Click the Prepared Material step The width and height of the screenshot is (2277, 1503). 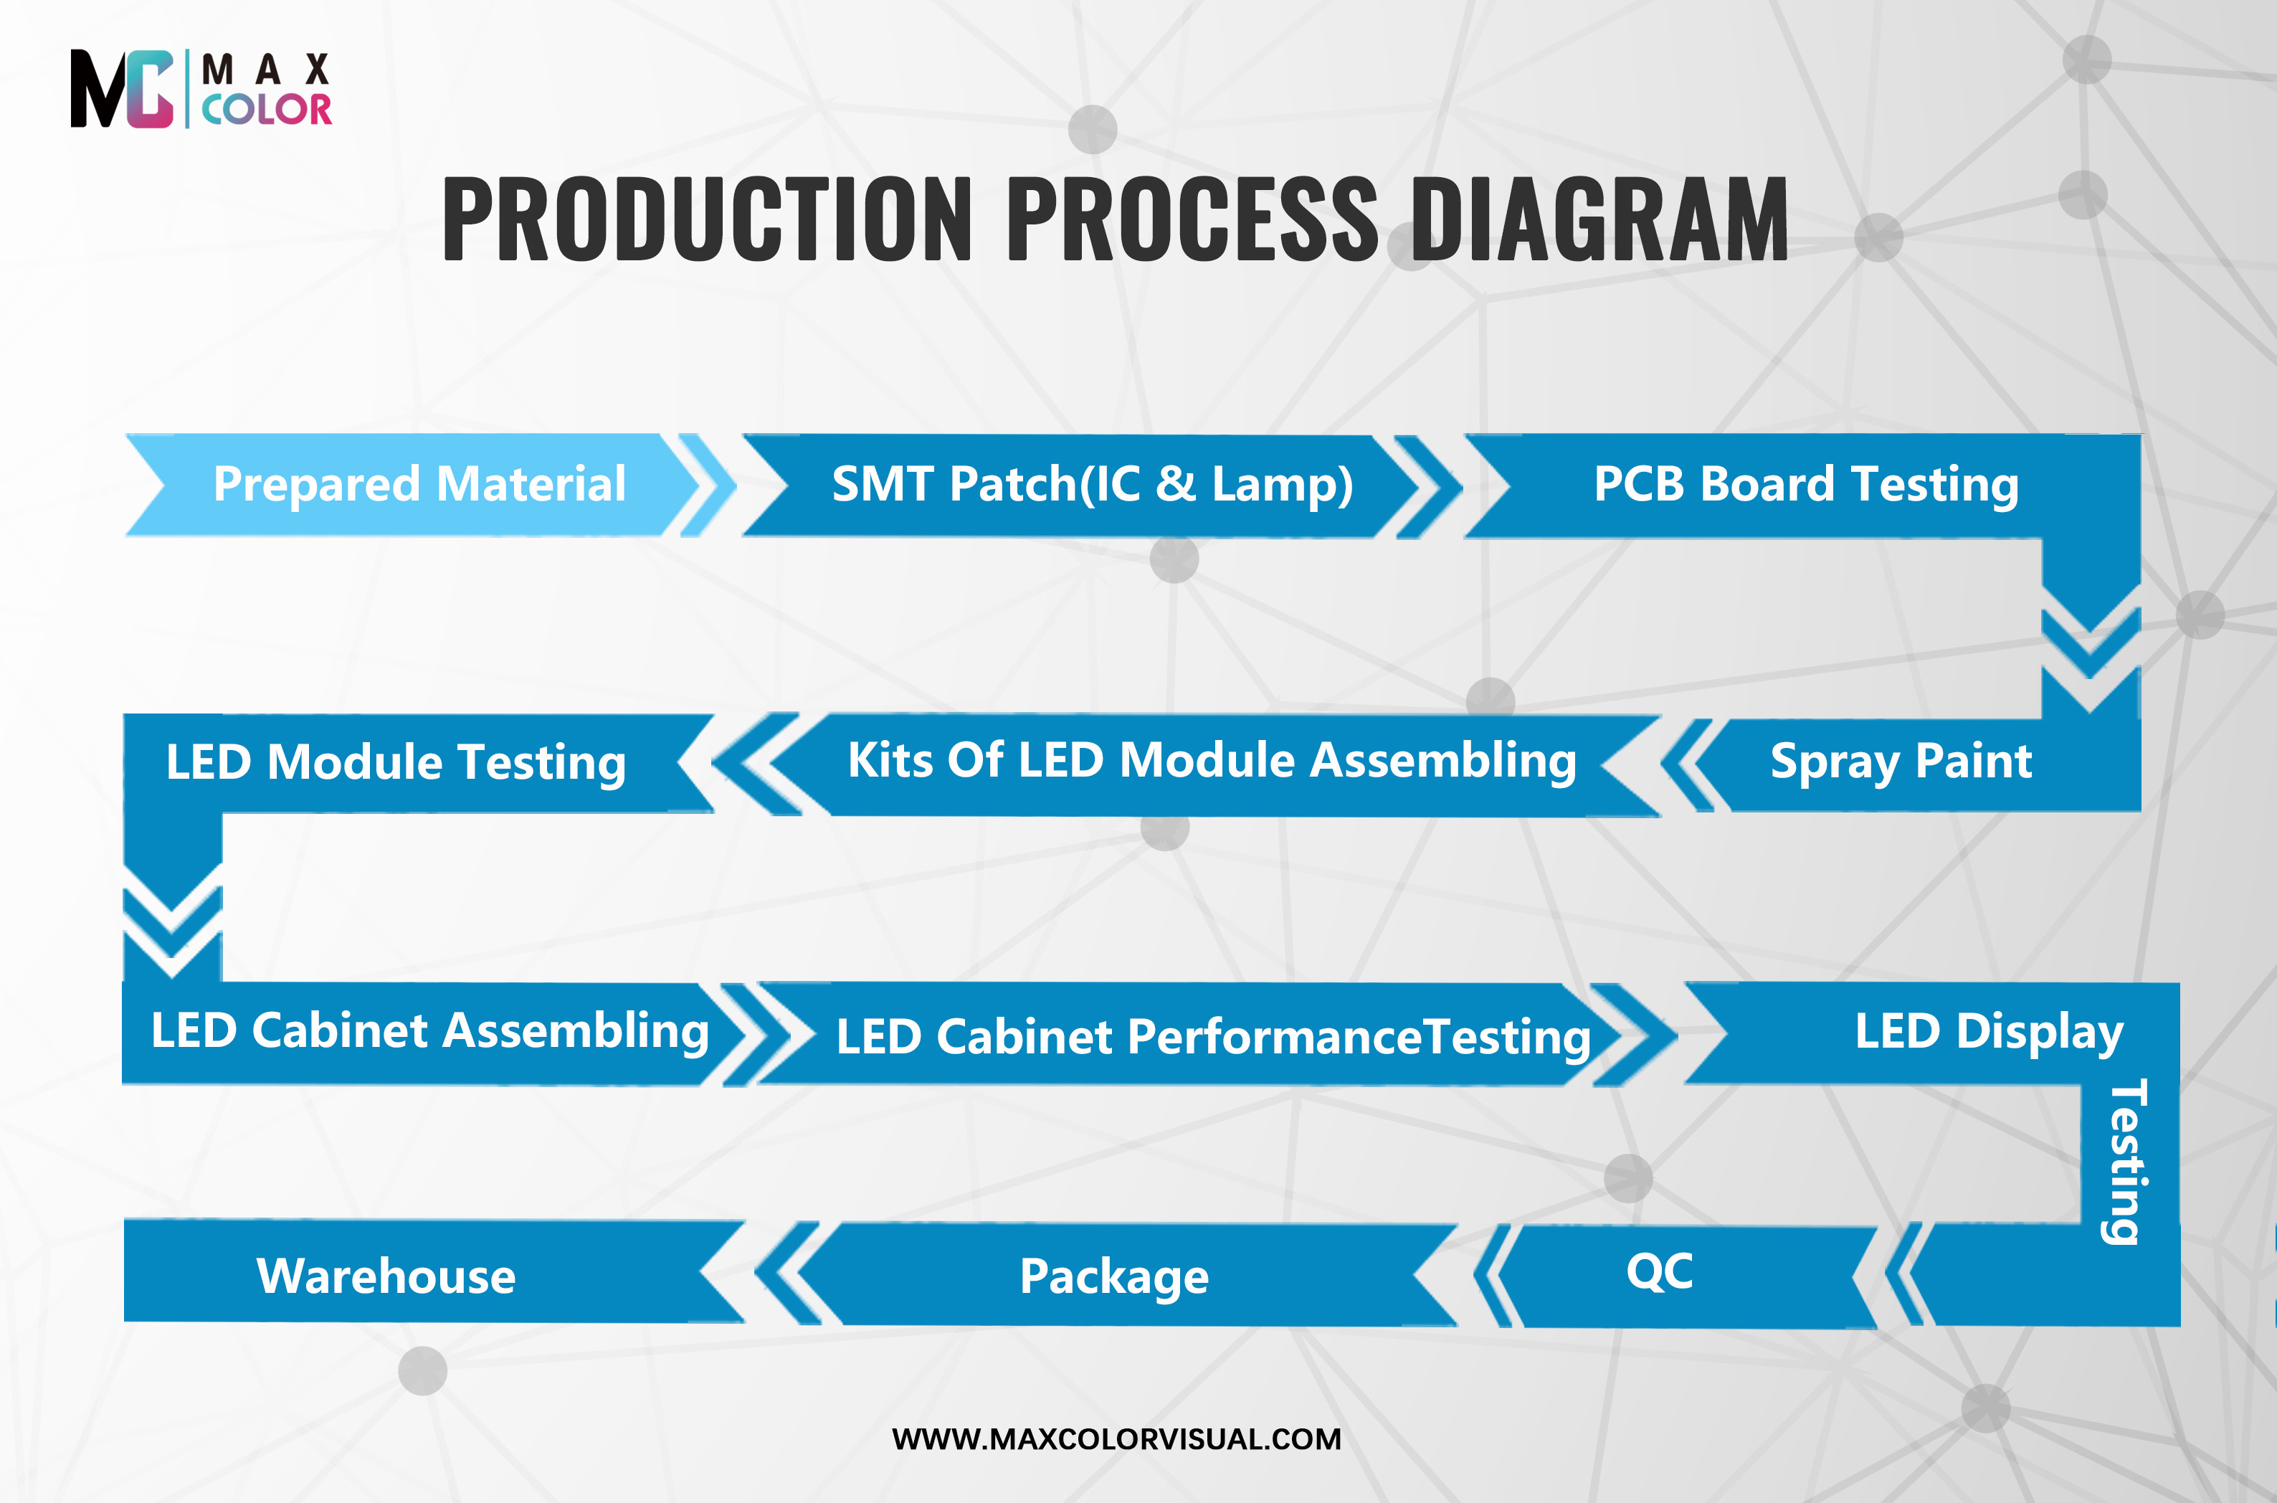pos(419,484)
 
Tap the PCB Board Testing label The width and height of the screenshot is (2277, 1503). pos(1805,484)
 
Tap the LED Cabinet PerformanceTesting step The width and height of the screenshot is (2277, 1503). pos(1213,1035)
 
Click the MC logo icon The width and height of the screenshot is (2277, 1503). pos(122,89)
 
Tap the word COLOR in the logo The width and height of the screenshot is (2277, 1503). pos(267,109)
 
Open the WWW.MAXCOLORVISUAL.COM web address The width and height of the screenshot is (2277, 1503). pos(1116,1438)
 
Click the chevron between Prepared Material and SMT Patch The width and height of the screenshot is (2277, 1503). pos(707,485)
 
